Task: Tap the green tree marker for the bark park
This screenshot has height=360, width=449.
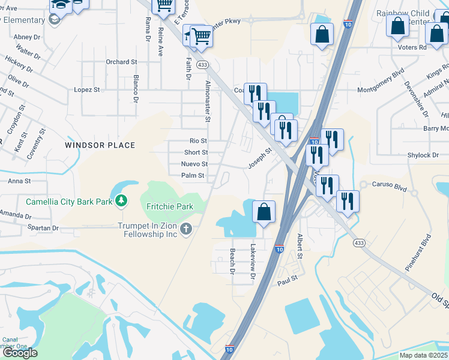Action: click(122, 200)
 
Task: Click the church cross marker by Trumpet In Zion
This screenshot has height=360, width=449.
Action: click(187, 228)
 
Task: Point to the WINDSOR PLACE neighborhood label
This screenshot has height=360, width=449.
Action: click(100, 145)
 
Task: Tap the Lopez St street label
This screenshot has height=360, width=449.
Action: click(87, 89)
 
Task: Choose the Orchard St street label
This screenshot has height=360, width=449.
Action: click(121, 62)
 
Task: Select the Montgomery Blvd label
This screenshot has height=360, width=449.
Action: click(381, 89)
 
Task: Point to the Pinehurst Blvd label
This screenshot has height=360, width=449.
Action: click(418, 253)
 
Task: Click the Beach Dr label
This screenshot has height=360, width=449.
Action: click(232, 262)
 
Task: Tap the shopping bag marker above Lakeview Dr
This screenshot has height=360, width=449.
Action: click(264, 212)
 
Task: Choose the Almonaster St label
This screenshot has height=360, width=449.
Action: click(208, 101)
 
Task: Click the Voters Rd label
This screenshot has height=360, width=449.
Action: click(412, 47)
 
